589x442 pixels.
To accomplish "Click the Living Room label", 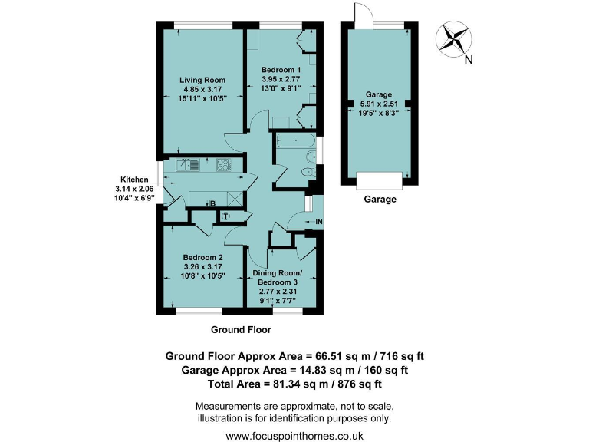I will (202, 80).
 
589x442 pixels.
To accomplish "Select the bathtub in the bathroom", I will (294, 142).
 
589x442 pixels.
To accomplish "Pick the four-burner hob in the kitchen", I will (225, 164).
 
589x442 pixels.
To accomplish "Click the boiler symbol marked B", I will (212, 203).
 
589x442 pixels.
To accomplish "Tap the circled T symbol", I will (225, 216).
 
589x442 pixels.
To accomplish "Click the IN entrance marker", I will (320, 223).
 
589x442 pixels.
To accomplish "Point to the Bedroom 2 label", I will (202, 257).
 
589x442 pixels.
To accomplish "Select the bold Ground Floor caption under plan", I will (241, 329).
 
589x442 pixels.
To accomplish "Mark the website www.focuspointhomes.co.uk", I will (294, 435).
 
